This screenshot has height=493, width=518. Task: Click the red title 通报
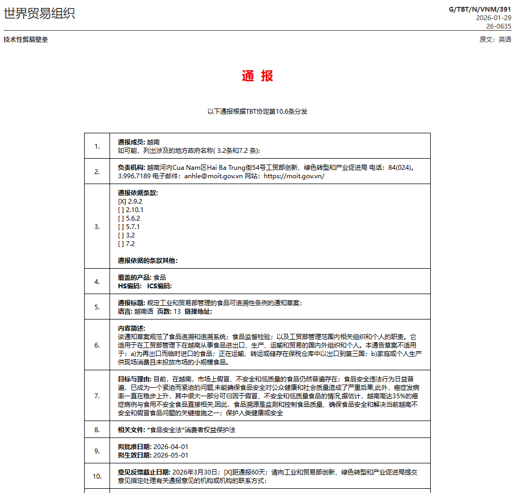pos(257,76)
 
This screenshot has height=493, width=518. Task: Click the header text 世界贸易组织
pos(40,13)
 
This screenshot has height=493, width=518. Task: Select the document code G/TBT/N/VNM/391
pos(480,9)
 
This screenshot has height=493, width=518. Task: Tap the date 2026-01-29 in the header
pos(494,17)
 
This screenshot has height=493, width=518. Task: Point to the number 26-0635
pos(499,26)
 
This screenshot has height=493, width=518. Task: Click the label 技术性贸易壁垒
pos(25,40)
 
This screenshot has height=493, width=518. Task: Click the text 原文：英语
pos(495,40)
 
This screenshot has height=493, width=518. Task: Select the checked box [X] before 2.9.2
pos(122,201)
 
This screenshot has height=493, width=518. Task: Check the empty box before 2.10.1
pos(121,209)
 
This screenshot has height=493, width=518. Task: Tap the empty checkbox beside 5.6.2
pos(121,218)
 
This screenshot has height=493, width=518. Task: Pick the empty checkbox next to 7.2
pos(121,243)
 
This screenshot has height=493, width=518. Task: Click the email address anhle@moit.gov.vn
pos(213,176)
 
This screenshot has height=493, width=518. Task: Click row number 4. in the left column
pos(97,281)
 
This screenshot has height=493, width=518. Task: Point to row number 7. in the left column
pos(97,396)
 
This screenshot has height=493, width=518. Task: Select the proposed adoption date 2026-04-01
pos(170,446)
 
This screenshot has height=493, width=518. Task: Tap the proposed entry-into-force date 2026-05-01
pos(170,455)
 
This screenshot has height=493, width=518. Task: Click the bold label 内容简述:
pos(131,328)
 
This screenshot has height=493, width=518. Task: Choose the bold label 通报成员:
pos(131,142)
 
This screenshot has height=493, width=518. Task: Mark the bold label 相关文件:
pos(131,430)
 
